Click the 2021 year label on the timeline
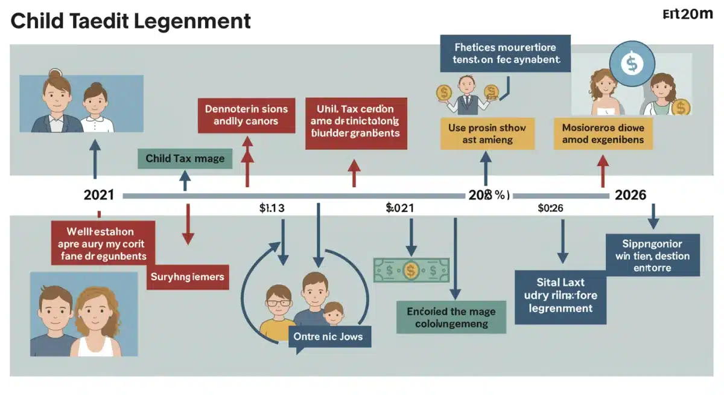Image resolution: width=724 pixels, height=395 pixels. tap(98, 195)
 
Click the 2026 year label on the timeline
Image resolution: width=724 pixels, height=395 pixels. tap(630, 195)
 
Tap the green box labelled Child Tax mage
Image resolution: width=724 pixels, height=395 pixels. tap(185, 159)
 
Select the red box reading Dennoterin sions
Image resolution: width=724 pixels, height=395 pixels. tap(246, 115)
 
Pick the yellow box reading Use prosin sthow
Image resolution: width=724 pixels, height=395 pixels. tap(487, 133)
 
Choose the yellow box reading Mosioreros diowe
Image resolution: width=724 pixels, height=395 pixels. tap(603, 133)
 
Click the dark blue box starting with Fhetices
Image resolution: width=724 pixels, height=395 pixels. tap(506, 53)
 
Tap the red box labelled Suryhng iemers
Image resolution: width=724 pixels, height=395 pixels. tap(187, 277)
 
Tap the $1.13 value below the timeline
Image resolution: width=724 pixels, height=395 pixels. tap(271, 208)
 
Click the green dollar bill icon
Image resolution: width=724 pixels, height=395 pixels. tap(411, 270)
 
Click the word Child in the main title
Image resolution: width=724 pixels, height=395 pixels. tap(39, 21)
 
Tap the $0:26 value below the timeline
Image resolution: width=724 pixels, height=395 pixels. tap(550, 208)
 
